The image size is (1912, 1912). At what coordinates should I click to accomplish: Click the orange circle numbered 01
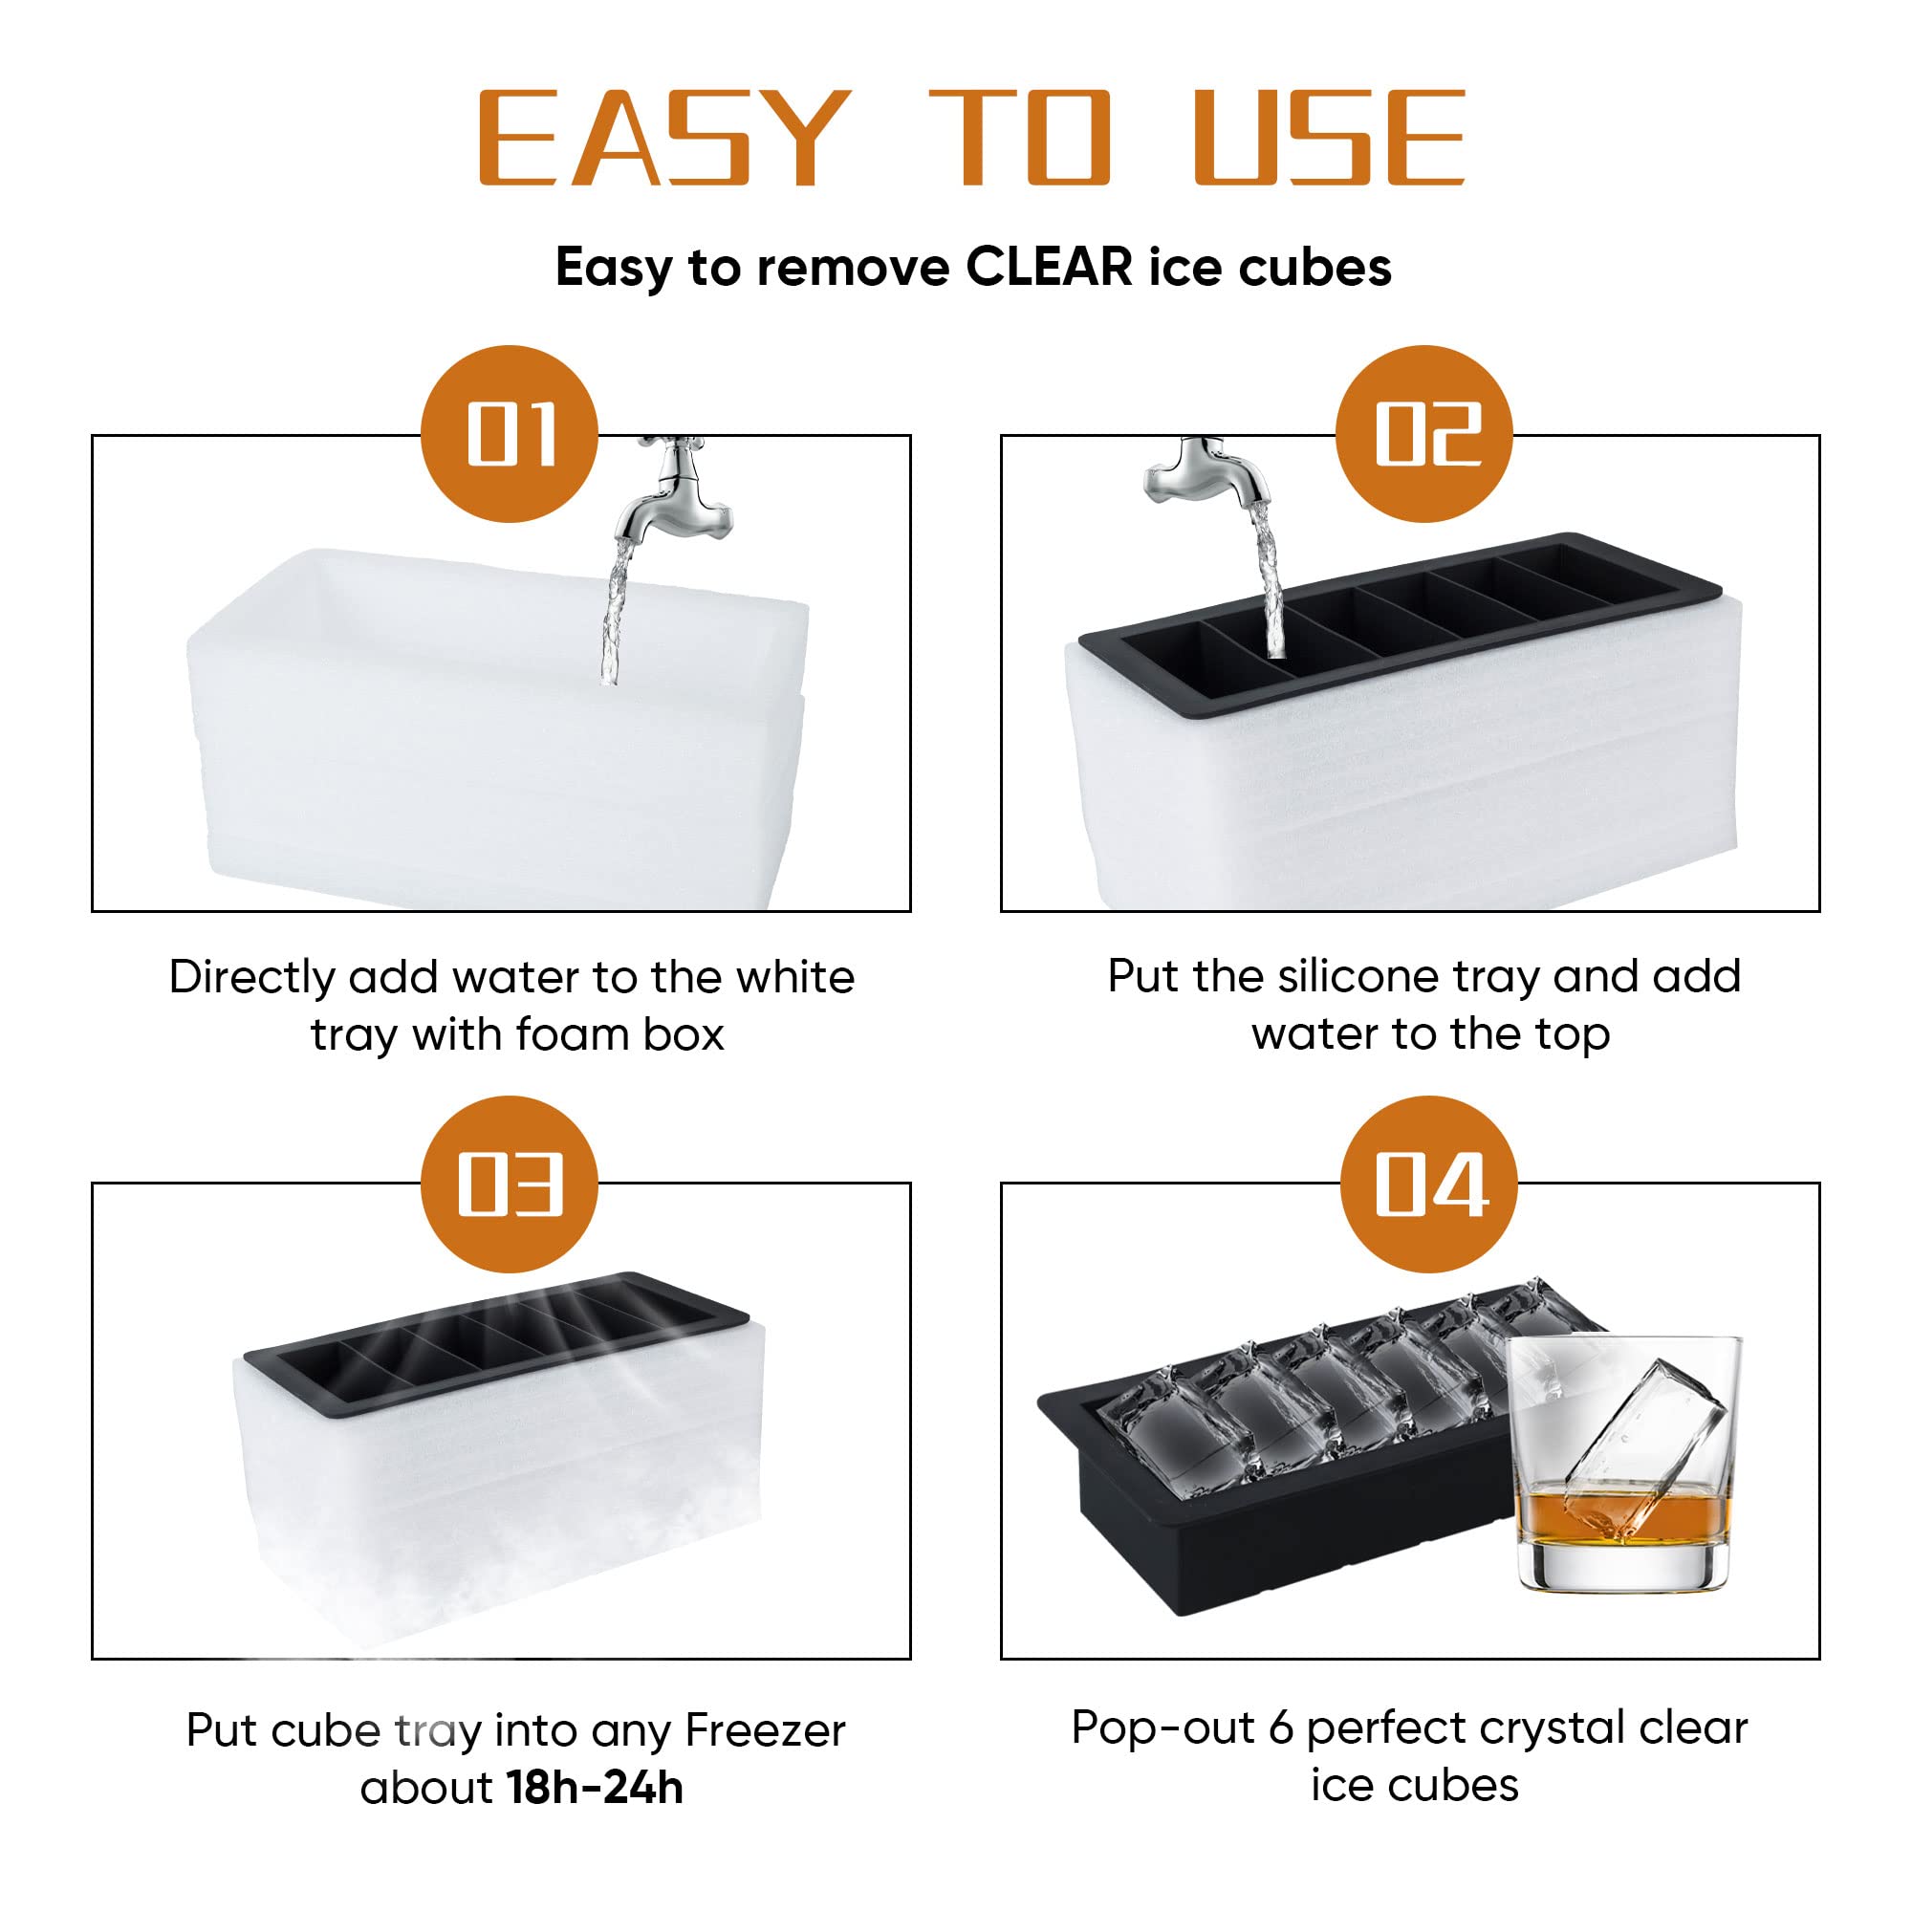[x=509, y=433]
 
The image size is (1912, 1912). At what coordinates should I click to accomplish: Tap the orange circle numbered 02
[x=1424, y=433]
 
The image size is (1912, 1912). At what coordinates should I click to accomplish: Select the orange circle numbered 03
[x=509, y=1184]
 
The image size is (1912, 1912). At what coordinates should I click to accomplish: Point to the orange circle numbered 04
[x=1428, y=1184]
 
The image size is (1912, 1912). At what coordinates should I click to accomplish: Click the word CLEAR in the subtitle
[x=1049, y=268]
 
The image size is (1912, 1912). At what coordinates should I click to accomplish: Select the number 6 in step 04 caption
[x=1281, y=1727]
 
